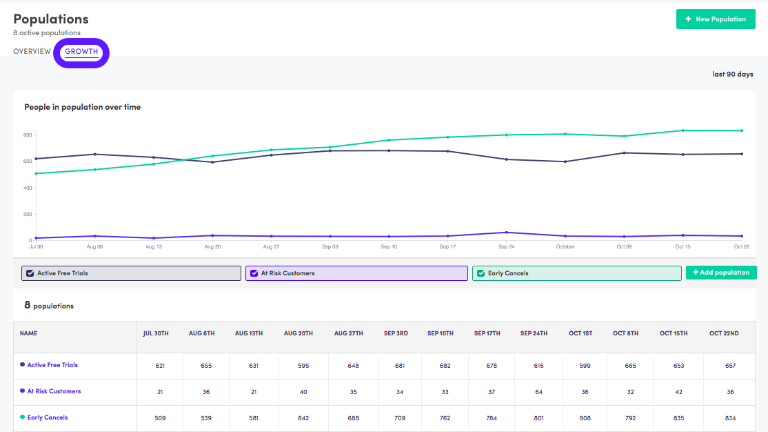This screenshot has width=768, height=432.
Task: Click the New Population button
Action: (716, 19)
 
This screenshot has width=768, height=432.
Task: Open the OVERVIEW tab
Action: (32, 52)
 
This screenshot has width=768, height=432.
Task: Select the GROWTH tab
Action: (81, 52)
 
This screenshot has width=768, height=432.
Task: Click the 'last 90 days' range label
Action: (732, 74)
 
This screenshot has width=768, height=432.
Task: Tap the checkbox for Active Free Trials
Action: (30, 273)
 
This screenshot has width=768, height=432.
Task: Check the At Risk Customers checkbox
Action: (254, 273)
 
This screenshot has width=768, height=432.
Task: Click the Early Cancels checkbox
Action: (481, 273)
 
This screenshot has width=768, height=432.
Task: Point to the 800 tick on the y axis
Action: (28, 135)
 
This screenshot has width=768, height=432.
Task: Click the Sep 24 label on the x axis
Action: (507, 246)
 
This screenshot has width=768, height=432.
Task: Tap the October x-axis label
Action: (565, 246)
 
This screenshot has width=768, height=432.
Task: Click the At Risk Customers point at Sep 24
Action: (507, 233)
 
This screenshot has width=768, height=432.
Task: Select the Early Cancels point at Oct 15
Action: (683, 130)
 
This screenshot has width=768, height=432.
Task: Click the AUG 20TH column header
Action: (299, 333)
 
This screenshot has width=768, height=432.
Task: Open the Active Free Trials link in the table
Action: (52, 365)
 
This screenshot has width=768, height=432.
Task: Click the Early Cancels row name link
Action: (48, 418)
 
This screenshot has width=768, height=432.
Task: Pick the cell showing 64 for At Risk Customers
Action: (538, 392)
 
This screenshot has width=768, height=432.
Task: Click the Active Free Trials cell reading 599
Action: (585, 366)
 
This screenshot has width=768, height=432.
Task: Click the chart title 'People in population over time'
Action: (83, 107)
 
